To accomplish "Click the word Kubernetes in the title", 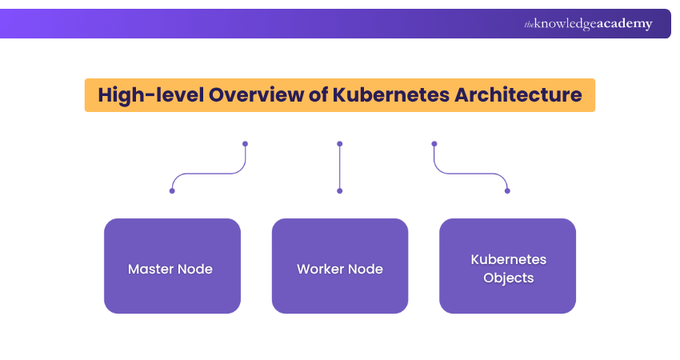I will click(384, 94).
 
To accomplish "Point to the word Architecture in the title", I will click(518, 94).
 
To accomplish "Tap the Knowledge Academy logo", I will click(588, 24).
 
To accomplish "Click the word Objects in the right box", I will click(508, 278).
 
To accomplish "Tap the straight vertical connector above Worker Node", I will click(340, 168).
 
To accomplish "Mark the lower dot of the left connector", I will click(172, 191).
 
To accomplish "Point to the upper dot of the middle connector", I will click(340, 144).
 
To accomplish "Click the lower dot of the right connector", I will click(507, 191).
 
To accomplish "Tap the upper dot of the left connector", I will click(245, 144).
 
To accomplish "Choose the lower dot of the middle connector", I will click(340, 191).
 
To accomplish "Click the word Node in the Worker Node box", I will click(366, 269).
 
